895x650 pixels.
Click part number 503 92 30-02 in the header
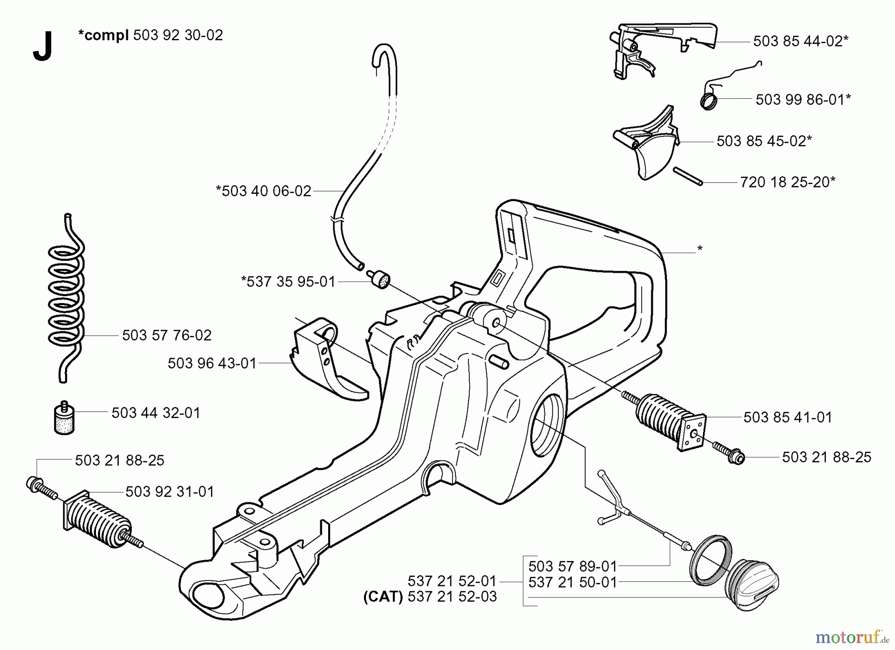[178, 35]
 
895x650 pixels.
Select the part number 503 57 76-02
[167, 335]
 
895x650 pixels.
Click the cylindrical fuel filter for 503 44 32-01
[64, 419]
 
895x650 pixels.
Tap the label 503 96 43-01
[212, 364]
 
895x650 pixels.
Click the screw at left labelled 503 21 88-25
[41, 488]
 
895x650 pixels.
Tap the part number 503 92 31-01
[170, 492]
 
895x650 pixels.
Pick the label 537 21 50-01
[572, 582]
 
